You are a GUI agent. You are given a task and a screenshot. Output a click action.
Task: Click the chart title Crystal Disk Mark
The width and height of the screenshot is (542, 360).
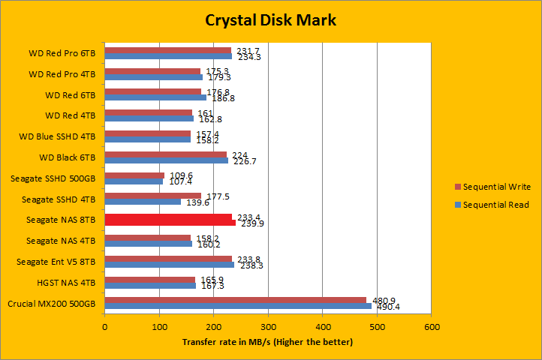(x=271, y=20)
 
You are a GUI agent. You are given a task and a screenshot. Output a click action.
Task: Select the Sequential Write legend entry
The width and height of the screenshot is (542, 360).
(x=496, y=187)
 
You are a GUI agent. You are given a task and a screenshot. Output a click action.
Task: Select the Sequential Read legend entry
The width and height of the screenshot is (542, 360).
(x=496, y=205)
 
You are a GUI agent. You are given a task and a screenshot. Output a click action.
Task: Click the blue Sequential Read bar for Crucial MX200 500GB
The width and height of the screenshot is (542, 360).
(x=238, y=306)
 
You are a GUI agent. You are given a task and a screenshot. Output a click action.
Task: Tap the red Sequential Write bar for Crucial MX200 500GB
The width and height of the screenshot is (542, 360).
(x=235, y=300)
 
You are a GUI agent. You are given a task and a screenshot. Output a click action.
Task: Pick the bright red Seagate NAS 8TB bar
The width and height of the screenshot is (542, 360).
(x=170, y=220)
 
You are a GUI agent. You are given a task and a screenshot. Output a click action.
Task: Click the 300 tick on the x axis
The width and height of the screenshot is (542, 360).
(x=268, y=327)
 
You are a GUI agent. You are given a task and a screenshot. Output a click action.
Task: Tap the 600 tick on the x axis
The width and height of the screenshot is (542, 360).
(x=431, y=327)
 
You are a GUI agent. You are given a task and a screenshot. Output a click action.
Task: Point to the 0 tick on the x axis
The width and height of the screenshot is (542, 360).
(x=104, y=327)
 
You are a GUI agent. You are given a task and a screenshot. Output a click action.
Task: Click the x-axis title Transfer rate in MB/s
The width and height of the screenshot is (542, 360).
(x=267, y=342)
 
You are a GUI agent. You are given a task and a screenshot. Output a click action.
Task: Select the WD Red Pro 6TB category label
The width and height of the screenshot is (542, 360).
(x=62, y=53)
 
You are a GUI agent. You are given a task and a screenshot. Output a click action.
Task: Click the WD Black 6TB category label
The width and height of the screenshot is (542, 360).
(x=67, y=157)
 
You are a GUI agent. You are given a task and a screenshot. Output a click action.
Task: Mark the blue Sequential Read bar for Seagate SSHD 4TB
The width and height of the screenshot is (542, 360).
(x=143, y=202)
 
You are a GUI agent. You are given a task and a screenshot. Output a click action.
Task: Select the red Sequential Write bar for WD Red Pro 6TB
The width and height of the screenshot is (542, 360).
(x=167, y=50)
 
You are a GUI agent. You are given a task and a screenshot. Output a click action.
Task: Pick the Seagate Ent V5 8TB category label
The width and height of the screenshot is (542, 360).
(x=56, y=262)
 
